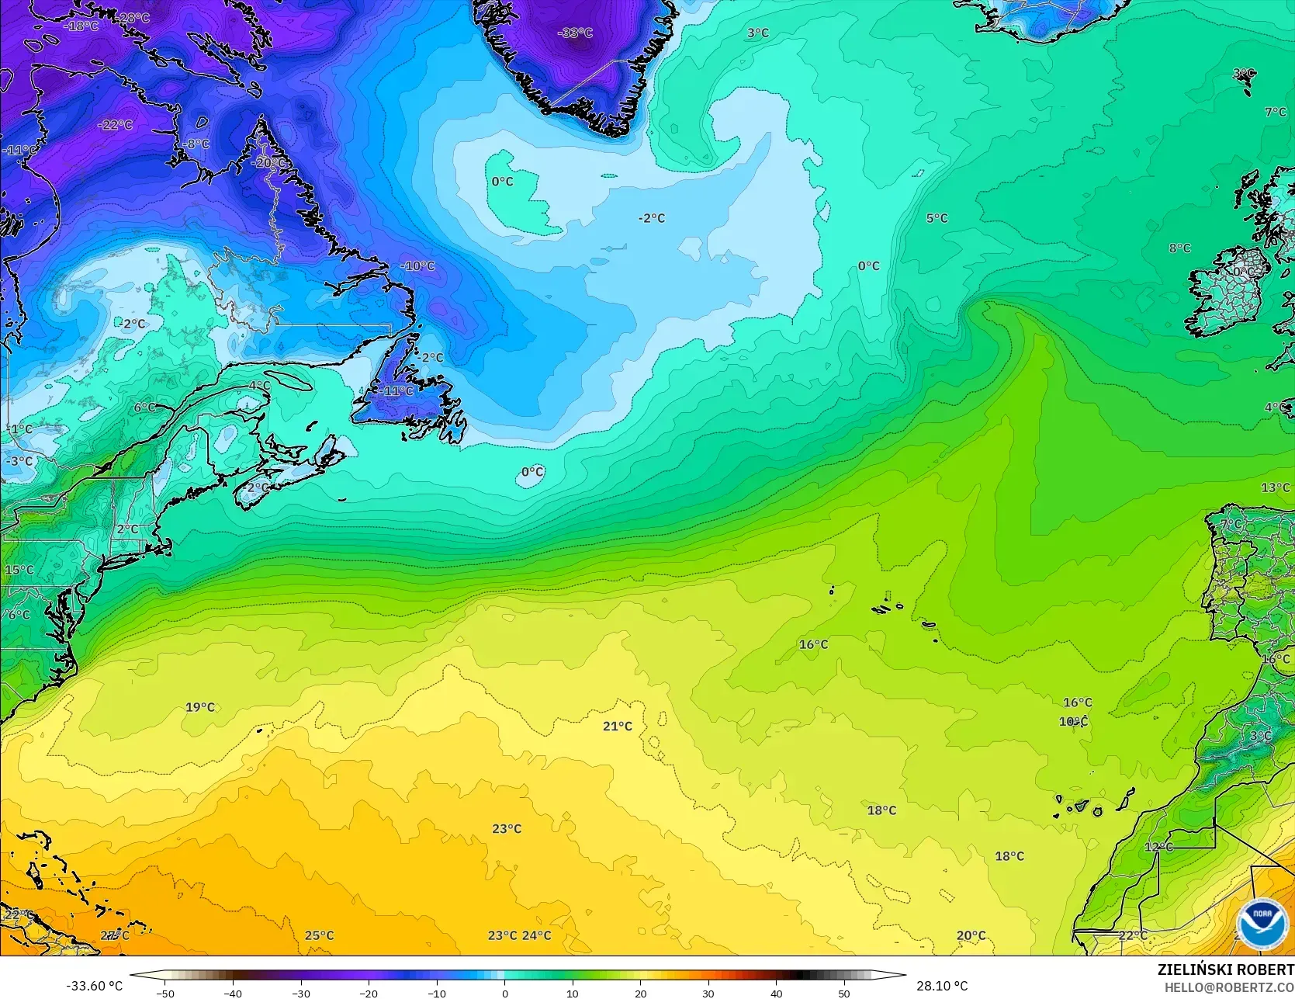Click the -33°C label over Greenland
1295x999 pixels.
pos(575,33)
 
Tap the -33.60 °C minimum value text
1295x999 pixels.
pos(94,986)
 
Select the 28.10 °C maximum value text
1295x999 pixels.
pos(942,986)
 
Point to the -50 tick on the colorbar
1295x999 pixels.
pos(164,993)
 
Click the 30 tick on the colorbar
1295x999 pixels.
pos(708,993)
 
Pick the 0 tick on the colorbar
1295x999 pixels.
pos(504,993)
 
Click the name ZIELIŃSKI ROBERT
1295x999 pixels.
pos(1225,970)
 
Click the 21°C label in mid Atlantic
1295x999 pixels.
pos(618,726)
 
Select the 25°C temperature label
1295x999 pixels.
pos(319,935)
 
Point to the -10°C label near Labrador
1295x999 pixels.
pos(417,265)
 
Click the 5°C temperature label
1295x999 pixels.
pos(937,218)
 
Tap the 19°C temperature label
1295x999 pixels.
pos(200,707)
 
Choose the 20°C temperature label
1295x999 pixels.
pos(971,935)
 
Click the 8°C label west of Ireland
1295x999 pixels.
pos(1179,248)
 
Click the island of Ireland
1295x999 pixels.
pos(1230,291)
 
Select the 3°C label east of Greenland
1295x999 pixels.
pos(758,33)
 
